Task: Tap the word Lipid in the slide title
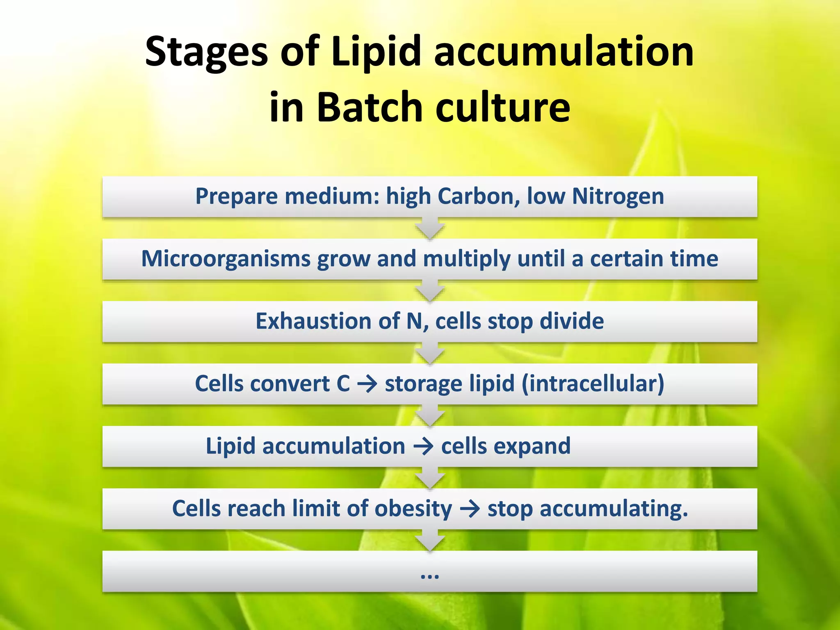376,52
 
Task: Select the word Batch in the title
370,107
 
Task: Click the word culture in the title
503,107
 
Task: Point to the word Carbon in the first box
476,196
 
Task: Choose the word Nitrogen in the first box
618,196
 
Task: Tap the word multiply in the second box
467,259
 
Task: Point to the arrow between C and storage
367,384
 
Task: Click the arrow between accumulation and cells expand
423,447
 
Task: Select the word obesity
413,509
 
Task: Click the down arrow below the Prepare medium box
430,228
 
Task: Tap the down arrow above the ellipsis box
430,541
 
